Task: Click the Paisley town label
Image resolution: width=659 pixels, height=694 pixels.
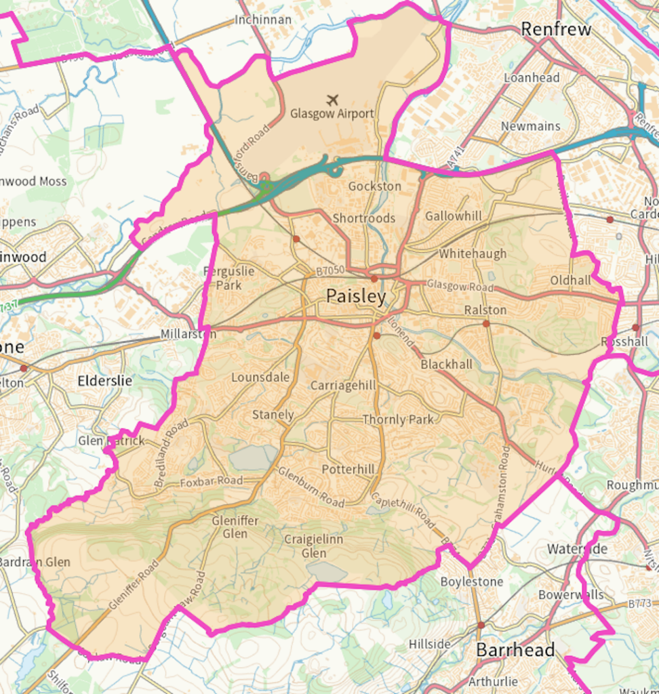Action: [x=356, y=296]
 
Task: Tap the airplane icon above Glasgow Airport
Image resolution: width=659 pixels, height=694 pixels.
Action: [x=332, y=100]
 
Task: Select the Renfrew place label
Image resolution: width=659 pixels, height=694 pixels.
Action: [x=556, y=29]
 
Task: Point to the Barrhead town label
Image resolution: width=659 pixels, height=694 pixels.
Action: [x=515, y=650]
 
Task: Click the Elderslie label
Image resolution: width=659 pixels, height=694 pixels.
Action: [x=104, y=380]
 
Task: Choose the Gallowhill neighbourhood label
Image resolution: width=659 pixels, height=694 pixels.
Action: [x=454, y=216]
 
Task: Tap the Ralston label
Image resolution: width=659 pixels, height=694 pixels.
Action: [x=485, y=310]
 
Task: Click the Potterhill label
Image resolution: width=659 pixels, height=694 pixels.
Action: [x=348, y=469]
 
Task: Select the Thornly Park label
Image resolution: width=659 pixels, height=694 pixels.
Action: [x=398, y=420]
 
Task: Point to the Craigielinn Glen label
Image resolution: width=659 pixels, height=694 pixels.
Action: [x=313, y=546]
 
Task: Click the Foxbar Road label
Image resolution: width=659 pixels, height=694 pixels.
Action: [x=211, y=481]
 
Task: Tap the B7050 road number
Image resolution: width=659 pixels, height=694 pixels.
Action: [x=330, y=270]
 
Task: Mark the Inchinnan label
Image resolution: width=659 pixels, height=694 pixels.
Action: [x=263, y=20]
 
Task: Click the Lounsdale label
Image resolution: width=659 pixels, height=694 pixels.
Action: [x=260, y=377]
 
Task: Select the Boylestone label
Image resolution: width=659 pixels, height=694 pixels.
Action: [x=472, y=581]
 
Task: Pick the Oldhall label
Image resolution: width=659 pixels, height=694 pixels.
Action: [x=570, y=280]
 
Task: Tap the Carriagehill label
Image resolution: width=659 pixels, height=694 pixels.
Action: [x=343, y=385]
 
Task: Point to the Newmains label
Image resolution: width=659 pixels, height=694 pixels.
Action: [x=531, y=126]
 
